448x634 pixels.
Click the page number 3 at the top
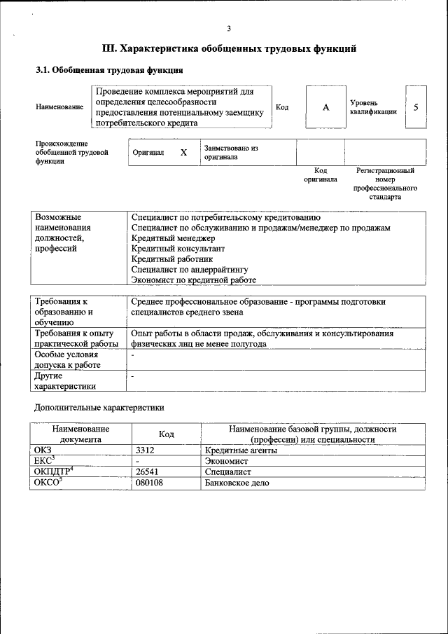coord(228,28)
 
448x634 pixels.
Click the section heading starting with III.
coord(229,49)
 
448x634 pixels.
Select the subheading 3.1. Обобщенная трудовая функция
coord(109,71)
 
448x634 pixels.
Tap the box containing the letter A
coord(325,108)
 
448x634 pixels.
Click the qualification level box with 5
coord(416,108)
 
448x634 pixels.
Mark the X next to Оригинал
coord(183,153)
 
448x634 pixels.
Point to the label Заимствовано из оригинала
coord(231,153)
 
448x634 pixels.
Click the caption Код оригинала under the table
coord(321,175)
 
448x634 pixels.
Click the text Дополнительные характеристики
coord(99,406)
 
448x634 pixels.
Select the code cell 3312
coord(145,450)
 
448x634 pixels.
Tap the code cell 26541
coord(147,472)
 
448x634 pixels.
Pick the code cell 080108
coord(149,483)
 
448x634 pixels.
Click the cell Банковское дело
coord(237,483)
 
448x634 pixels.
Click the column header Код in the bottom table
coord(166,434)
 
